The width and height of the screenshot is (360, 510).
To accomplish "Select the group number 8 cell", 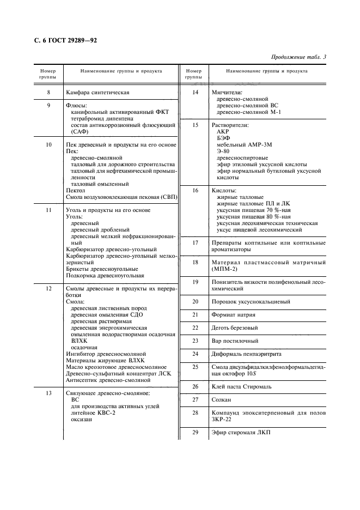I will (x=48, y=92).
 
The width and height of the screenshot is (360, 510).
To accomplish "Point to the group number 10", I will (x=48, y=144).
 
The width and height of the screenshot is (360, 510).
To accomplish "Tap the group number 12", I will (x=48, y=288).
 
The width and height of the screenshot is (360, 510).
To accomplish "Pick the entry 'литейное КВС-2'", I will (x=93, y=412).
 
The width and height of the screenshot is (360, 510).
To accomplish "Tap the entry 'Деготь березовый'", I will (x=235, y=327).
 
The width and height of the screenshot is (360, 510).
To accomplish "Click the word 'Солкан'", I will (x=222, y=399).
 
